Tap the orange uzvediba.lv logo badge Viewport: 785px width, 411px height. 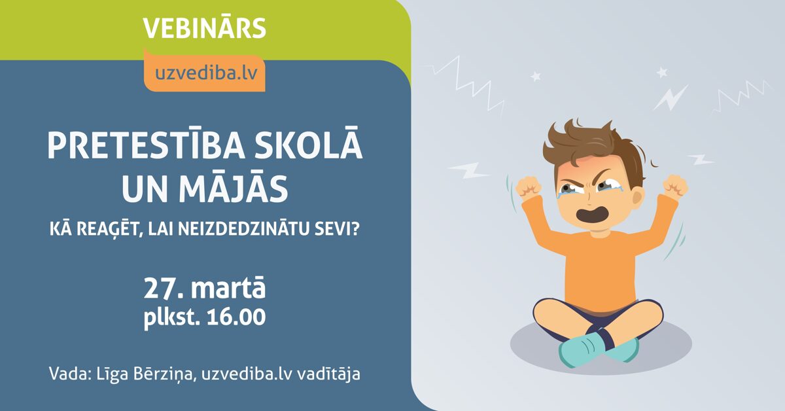point(205,72)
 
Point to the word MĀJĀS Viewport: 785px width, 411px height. point(234,189)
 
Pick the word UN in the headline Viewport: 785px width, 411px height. point(148,189)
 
